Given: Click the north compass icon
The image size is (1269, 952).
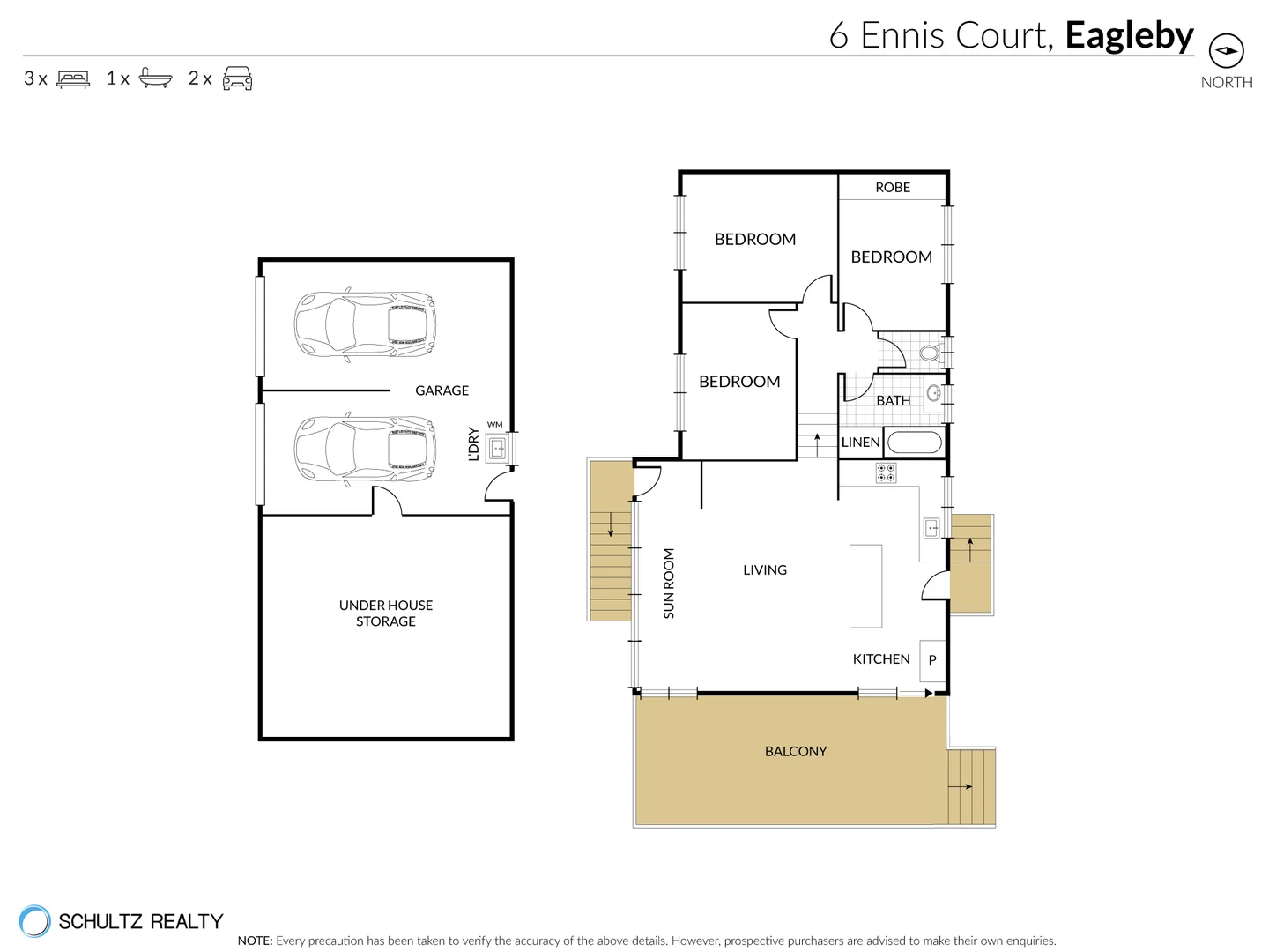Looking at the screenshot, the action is (x=1226, y=51).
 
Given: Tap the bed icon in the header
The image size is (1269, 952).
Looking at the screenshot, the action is (x=73, y=78).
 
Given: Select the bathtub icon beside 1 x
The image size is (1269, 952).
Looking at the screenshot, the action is (x=155, y=78).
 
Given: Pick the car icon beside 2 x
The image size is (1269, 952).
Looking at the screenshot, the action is (x=237, y=78).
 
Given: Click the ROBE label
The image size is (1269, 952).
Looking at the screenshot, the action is (x=892, y=187).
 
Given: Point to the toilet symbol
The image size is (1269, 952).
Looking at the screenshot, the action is (x=931, y=352).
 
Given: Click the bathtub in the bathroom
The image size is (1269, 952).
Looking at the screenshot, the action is (x=914, y=443).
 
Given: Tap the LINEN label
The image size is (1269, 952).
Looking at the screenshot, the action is (x=860, y=443).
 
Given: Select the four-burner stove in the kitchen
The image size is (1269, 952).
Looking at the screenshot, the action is (x=887, y=472).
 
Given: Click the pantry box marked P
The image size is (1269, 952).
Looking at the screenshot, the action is (x=932, y=660).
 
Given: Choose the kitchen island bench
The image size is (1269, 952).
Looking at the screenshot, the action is (x=865, y=586).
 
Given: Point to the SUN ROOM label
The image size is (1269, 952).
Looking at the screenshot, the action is (x=669, y=584).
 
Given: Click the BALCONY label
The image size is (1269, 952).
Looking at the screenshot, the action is (x=796, y=751).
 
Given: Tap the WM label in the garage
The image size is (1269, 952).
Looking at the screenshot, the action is (x=494, y=425).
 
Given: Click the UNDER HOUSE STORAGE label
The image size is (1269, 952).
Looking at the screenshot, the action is (x=386, y=614).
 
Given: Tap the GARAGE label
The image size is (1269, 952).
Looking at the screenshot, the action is (x=442, y=390).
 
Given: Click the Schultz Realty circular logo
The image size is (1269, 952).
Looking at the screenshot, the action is (x=34, y=921).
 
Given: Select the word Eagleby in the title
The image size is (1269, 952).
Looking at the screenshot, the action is (x=1129, y=36).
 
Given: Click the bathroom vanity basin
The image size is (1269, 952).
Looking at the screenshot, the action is (x=933, y=394).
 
